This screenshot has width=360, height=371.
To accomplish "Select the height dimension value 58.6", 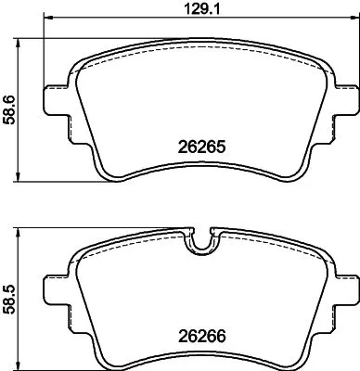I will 9,109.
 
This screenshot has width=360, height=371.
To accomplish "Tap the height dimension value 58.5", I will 9,297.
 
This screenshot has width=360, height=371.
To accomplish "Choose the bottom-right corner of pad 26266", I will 295,361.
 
